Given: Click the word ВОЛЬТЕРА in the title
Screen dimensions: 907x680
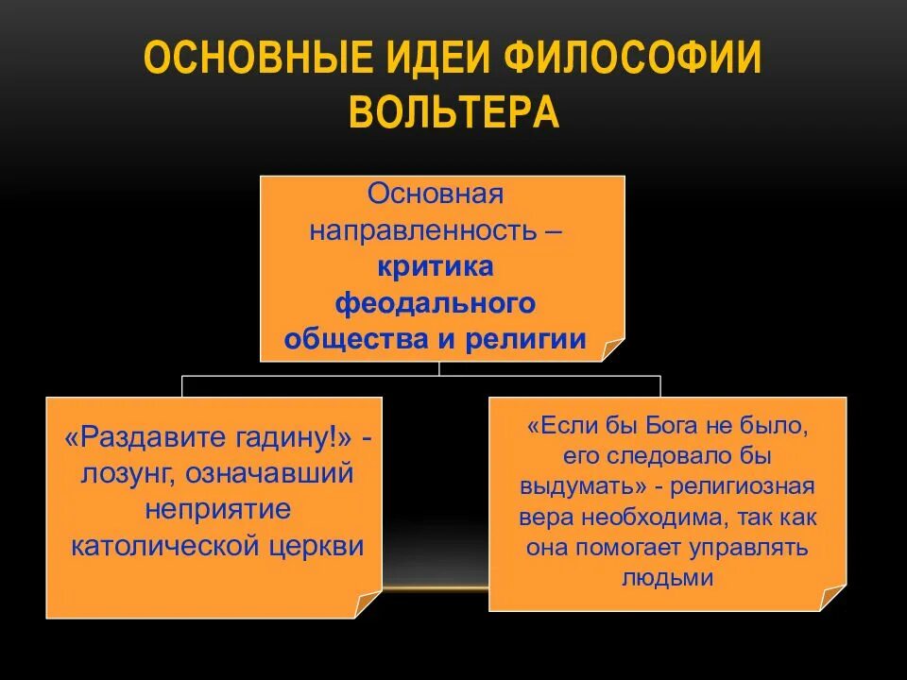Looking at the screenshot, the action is tap(453, 111).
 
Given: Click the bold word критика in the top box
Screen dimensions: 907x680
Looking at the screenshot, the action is tap(436, 267).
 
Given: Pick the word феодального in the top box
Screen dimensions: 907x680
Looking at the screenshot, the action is tap(436, 303).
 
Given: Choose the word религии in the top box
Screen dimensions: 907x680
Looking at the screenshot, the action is tap(525, 340).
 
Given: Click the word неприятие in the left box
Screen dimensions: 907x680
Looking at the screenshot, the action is tap(217, 510).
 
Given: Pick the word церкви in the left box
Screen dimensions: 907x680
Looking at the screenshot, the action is tap(323, 547).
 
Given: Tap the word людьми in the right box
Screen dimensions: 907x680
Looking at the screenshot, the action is tap(667, 579).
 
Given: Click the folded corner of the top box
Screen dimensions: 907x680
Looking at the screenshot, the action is tap(612, 348).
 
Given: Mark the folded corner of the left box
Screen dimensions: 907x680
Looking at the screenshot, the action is tap(368, 604).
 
